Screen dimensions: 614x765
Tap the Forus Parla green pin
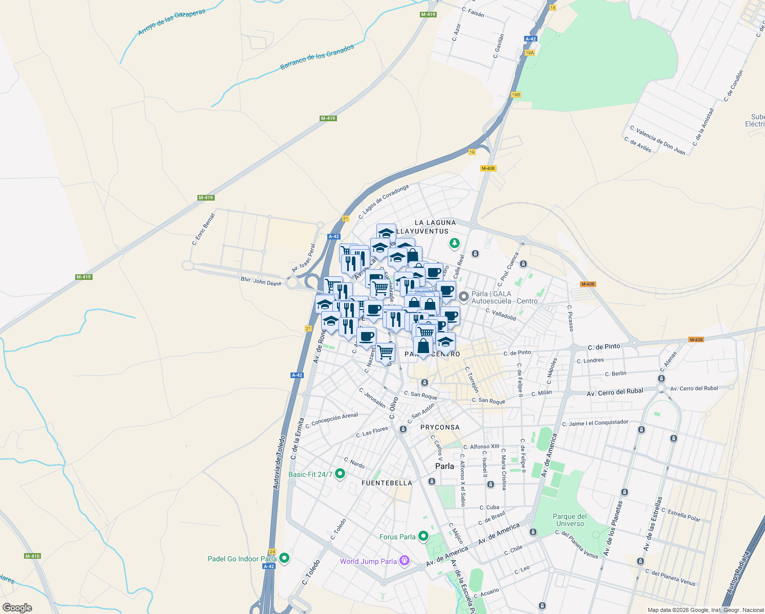tap(423, 536)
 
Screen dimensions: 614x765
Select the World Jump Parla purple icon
tap(404, 561)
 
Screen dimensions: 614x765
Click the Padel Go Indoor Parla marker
tap(284, 558)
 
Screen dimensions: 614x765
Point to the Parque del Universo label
tap(570, 520)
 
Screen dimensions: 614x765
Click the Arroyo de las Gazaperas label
tap(171, 22)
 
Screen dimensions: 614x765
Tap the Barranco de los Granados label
tap(317, 57)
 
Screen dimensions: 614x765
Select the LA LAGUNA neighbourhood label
tap(435, 223)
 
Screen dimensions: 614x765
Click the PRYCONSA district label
tap(440, 427)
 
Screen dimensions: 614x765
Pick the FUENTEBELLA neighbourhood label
tap(387, 483)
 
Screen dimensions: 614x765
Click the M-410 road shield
tap(32, 556)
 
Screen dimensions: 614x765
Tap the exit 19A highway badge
tap(529, 53)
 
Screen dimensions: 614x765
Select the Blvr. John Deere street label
tap(261, 281)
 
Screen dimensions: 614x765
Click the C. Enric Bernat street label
tap(204, 229)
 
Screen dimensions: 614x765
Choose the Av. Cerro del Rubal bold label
tap(615, 392)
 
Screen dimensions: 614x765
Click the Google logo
tap(17, 607)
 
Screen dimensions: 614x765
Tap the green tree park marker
tap(454, 244)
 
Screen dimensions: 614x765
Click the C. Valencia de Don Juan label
tap(658, 140)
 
